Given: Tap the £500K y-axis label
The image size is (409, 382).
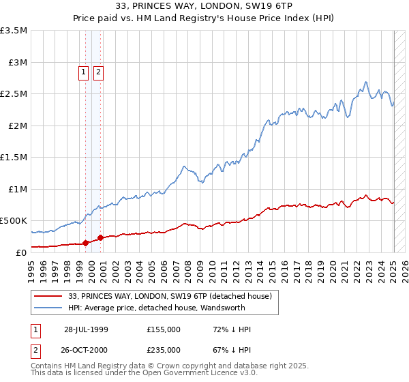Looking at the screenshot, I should tap(14, 220).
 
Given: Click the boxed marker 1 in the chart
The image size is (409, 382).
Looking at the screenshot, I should tap(84, 72).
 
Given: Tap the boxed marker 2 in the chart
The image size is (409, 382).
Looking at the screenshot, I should tap(98, 72).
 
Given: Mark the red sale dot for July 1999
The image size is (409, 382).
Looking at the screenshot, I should tap(86, 242).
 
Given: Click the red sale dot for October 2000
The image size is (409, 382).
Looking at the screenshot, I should tap(101, 237).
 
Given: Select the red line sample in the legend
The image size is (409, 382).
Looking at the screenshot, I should tap(48, 296).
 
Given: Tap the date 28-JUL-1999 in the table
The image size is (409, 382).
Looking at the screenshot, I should tap(86, 329).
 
